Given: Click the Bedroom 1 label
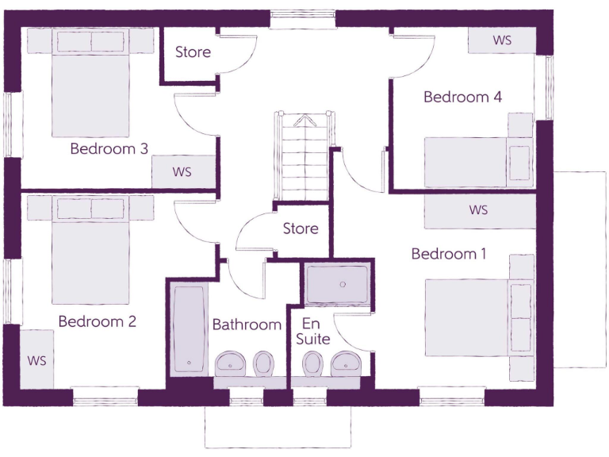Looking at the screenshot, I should [x=448, y=254].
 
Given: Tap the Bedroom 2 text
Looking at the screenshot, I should [x=97, y=321].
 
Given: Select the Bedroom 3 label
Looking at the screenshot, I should [x=109, y=148].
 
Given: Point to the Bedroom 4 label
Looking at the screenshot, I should [x=462, y=97].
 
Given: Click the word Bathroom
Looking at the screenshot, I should [x=247, y=325].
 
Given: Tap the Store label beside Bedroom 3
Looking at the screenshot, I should [x=193, y=52].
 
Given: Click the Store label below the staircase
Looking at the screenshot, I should [x=301, y=228].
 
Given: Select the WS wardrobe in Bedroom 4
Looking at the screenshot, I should [x=502, y=40].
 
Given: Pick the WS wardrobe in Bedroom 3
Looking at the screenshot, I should [x=182, y=171].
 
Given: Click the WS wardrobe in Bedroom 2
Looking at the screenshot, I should [x=37, y=359].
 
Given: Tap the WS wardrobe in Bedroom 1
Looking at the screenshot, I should [x=478, y=211].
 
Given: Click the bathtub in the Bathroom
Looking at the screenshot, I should [x=189, y=330].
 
